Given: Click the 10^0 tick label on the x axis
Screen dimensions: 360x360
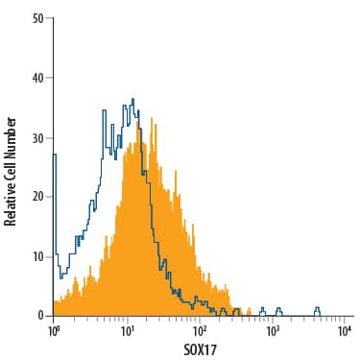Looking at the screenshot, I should coord(54,331).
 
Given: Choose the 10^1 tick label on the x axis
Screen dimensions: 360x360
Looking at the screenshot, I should coord(127,331).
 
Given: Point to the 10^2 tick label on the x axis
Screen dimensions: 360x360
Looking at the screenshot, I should coord(200,331).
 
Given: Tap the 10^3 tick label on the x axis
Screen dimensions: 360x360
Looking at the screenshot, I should coord(273,331).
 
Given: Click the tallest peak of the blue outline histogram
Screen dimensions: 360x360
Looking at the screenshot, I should coord(132,99).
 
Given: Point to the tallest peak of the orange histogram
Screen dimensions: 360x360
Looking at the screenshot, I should coord(140,113).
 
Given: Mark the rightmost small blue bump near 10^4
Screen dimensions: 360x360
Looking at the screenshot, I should coord(318,309).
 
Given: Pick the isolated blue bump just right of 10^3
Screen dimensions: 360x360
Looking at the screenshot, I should coord(278,309).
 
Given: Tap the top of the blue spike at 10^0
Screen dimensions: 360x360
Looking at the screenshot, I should coord(54,154).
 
